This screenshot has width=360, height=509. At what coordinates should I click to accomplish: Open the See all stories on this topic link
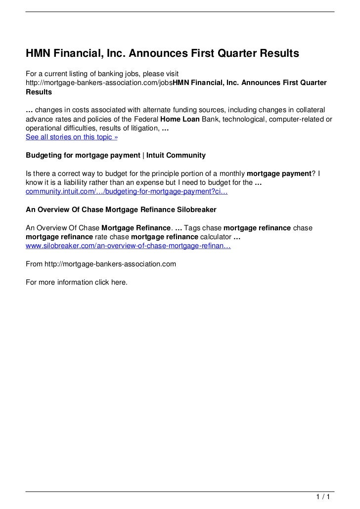coord(72,137)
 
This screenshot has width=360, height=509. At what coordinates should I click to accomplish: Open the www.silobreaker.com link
coord(128,246)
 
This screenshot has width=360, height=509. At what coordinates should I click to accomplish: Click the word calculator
coord(213,237)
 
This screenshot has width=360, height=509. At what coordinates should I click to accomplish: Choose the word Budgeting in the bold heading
coord(43,155)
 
